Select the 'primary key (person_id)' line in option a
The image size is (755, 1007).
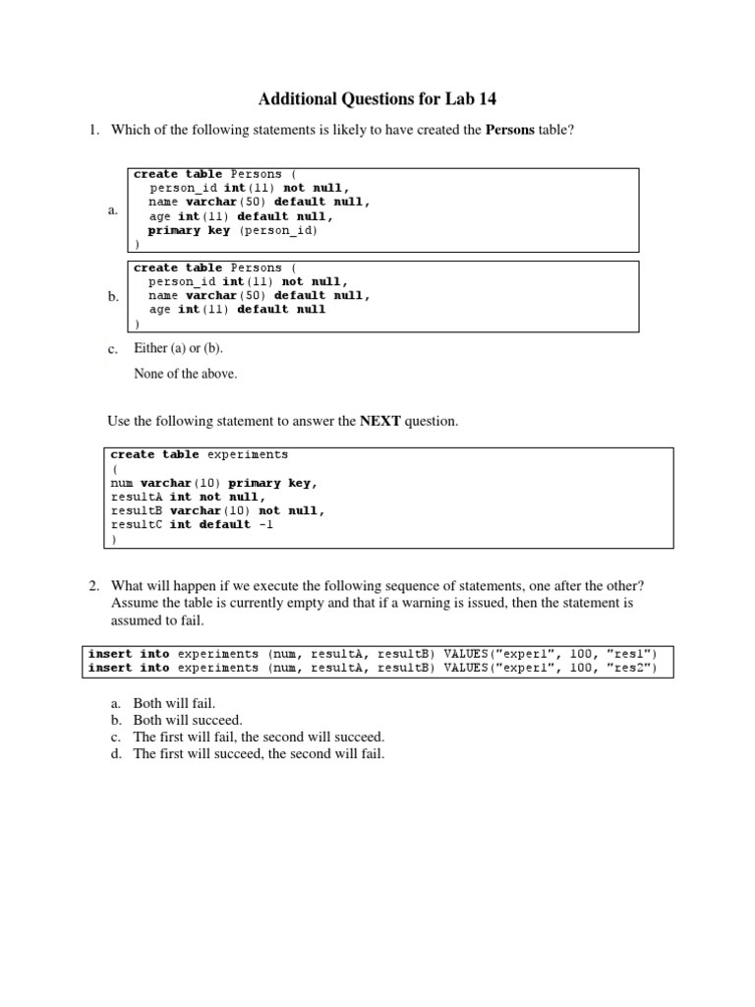click(233, 230)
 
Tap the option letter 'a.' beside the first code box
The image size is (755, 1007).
click(113, 209)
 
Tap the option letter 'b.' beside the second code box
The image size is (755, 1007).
click(113, 296)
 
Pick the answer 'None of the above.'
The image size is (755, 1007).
click(185, 374)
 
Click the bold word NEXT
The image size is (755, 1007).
click(381, 421)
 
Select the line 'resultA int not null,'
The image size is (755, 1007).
click(189, 497)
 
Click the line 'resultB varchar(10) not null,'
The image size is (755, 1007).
click(218, 510)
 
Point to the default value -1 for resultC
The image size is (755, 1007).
click(265, 524)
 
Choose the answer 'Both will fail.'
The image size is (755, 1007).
click(173, 704)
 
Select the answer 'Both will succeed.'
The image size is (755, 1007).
click(187, 720)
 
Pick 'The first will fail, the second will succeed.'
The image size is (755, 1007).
click(259, 737)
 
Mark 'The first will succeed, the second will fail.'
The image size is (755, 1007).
click(259, 753)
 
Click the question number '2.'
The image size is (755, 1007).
click(95, 586)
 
